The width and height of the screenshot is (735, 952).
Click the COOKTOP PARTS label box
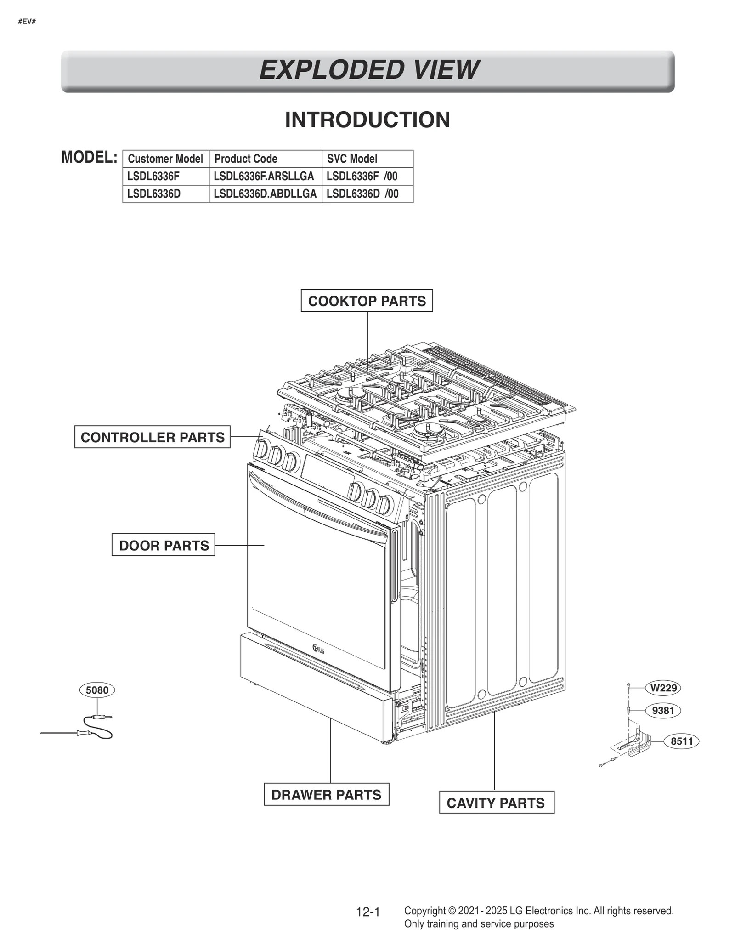coord(367,301)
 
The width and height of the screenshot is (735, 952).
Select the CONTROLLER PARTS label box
coord(153,437)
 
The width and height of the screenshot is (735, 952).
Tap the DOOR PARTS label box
coord(164,545)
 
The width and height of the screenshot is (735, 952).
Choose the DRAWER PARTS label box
coord(326,795)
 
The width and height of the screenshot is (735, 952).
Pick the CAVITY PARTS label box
coord(496,803)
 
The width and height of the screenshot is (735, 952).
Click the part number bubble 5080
coord(97,690)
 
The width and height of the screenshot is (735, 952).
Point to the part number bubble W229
coord(663,688)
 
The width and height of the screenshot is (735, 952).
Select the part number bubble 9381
coord(663,711)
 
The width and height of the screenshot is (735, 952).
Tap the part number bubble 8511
coord(681,741)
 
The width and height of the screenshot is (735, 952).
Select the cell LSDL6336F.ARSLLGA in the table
coord(264,176)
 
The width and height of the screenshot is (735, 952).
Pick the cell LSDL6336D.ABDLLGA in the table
coord(265,194)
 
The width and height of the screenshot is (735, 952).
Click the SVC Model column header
coord(352,159)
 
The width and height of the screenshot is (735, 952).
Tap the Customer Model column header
coord(165,159)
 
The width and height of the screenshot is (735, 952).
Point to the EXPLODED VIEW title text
coord(368,70)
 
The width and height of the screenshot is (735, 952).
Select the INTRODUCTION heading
coord(367,120)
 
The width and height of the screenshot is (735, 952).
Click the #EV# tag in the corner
coord(27,22)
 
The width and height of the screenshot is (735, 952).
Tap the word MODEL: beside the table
coord(90,157)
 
